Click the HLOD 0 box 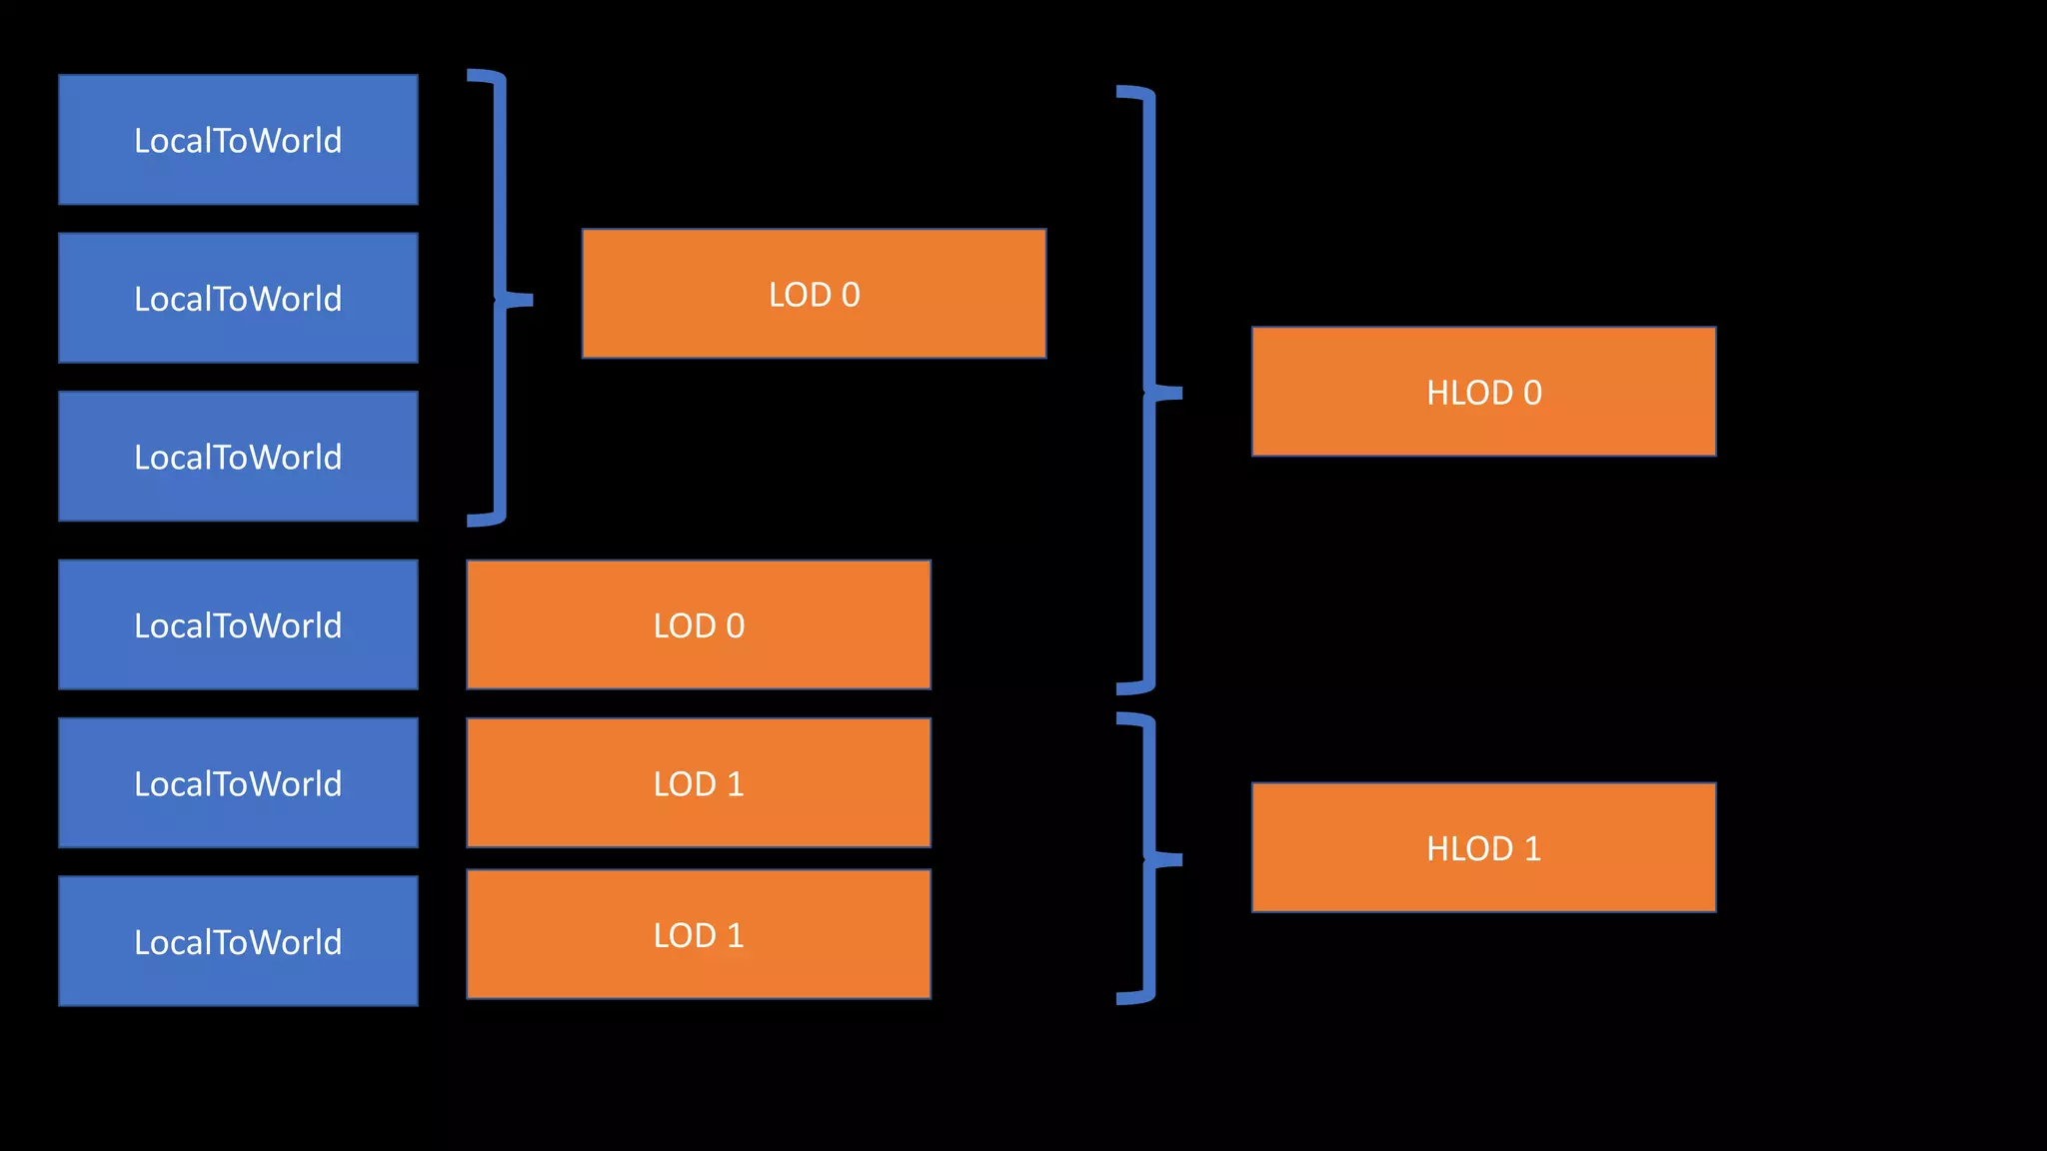[x=1483, y=392]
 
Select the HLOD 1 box [x=1483, y=847]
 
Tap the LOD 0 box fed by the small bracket [x=814, y=294]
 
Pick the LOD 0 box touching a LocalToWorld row [x=698, y=624]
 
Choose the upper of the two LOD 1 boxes [x=698, y=782]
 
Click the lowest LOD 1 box [x=698, y=934]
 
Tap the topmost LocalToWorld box [x=238, y=140]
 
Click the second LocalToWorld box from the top [x=238, y=298]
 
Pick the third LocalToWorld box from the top [x=238, y=457]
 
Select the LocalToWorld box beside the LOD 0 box [x=238, y=624]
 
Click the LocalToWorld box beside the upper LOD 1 [x=238, y=782]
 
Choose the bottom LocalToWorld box [x=238, y=940]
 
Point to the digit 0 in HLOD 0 [x=1532, y=393]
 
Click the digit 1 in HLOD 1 [x=1532, y=848]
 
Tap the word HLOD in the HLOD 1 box [x=1469, y=848]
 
